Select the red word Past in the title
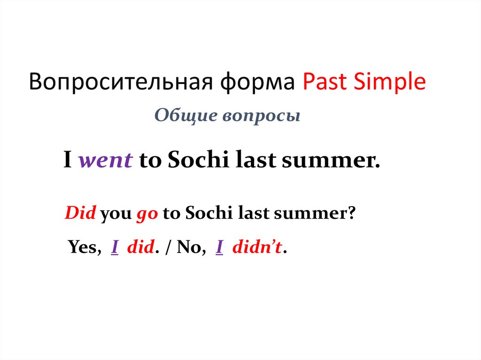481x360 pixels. click(x=324, y=83)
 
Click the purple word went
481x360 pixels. click(x=105, y=161)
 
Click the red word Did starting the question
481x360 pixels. click(x=80, y=214)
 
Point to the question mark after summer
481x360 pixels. click(x=351, y=214)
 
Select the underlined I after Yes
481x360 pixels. click(x=114, y=247)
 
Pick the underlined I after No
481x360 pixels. click(x=219, y=247)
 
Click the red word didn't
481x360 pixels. click(x=258, y=247)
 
